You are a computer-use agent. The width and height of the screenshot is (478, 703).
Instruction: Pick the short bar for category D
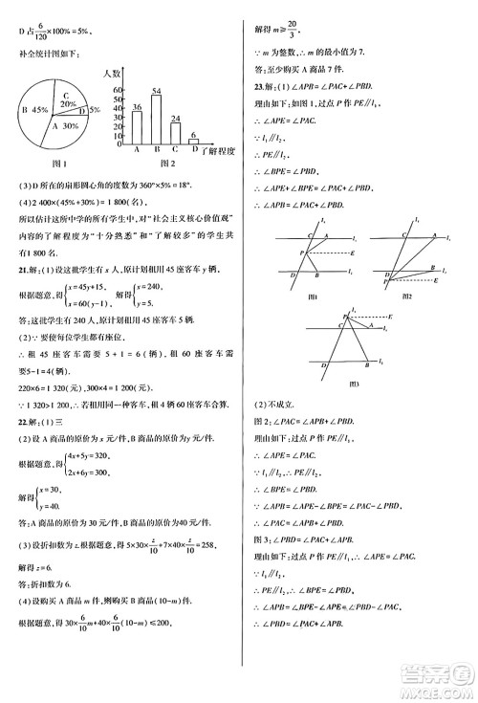click(x=193, y=140)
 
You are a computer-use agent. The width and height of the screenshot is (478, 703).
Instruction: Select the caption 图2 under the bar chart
click(x=163, y=163)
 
